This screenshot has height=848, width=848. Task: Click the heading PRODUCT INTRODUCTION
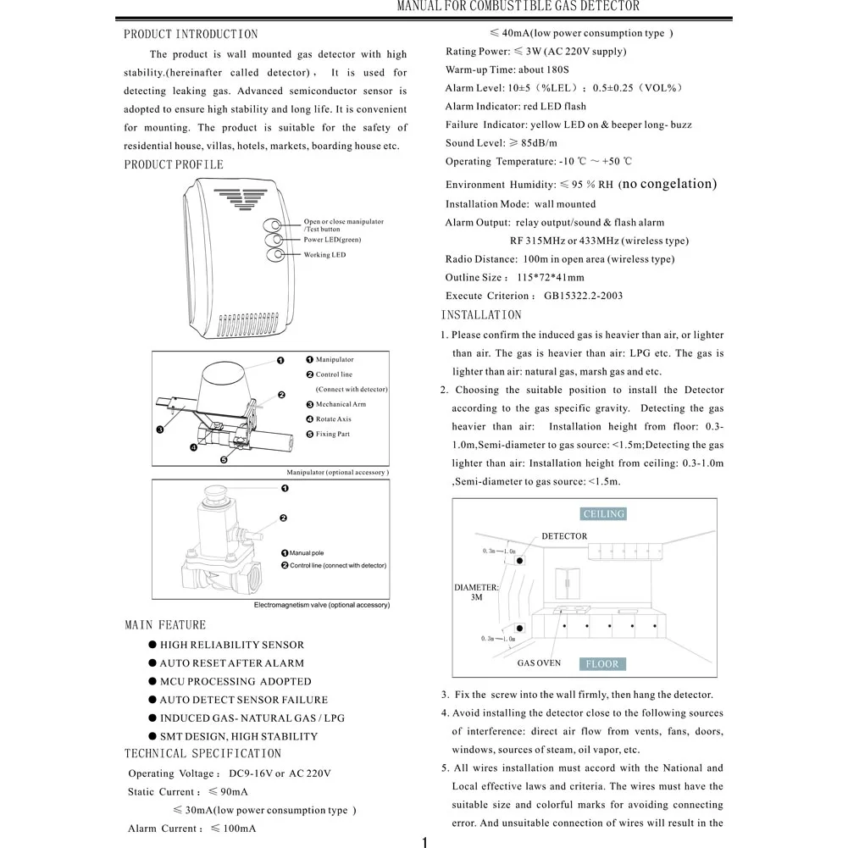[x=191, y=35]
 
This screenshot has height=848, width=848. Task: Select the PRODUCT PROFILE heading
[x=174, y=164]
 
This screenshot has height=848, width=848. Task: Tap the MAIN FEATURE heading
[x=165, y=625]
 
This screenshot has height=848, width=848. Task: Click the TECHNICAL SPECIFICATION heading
[x=202, y=754]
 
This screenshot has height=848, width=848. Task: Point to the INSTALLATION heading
[x=481, y=315]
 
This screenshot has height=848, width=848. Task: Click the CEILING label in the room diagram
[x=603, y=514]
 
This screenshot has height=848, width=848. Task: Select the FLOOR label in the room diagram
[x=602, y=664]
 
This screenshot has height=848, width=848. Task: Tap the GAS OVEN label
[x=539, y=663]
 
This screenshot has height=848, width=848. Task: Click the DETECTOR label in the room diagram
[x=564, y=536]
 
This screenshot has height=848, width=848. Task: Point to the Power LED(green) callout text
[x=332, y=240]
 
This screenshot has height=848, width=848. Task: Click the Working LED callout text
[x=324, y=255]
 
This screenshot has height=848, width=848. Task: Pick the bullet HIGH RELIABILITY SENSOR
[x=231, y=646]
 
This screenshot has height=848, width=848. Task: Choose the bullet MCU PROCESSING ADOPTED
[x=236, y=682]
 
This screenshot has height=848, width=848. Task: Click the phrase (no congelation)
[x=668, y=184]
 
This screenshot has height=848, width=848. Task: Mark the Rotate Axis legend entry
[x=333, y=419]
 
